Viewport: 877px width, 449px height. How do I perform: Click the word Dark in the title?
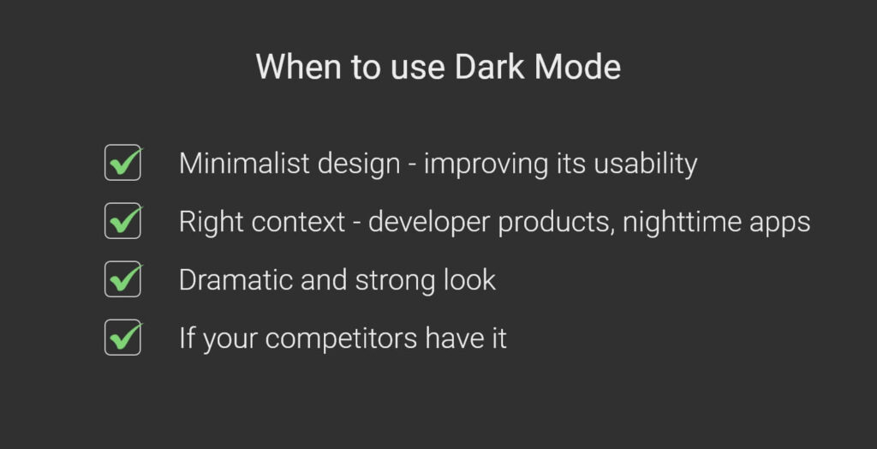click(489, 67)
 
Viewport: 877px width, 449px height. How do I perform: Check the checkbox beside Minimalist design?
click(122, 163)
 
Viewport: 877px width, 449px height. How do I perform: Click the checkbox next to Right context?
click(122, 221)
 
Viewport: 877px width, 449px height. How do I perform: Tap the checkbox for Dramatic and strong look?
click(122, 279)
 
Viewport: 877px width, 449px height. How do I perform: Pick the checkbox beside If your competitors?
click(122, 337)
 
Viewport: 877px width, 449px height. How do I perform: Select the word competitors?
click(342, 338)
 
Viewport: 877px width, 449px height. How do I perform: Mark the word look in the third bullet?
click(471, 279)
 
